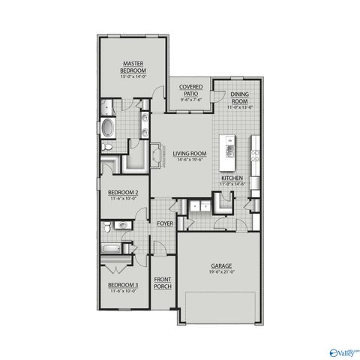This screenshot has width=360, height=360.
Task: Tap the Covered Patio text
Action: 188,91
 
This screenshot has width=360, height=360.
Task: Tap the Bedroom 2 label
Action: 122,193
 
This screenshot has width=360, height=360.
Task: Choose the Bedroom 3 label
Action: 122,285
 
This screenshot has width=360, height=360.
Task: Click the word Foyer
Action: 164,224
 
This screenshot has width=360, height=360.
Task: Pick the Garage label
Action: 221,266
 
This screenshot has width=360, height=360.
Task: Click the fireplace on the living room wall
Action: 159,154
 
